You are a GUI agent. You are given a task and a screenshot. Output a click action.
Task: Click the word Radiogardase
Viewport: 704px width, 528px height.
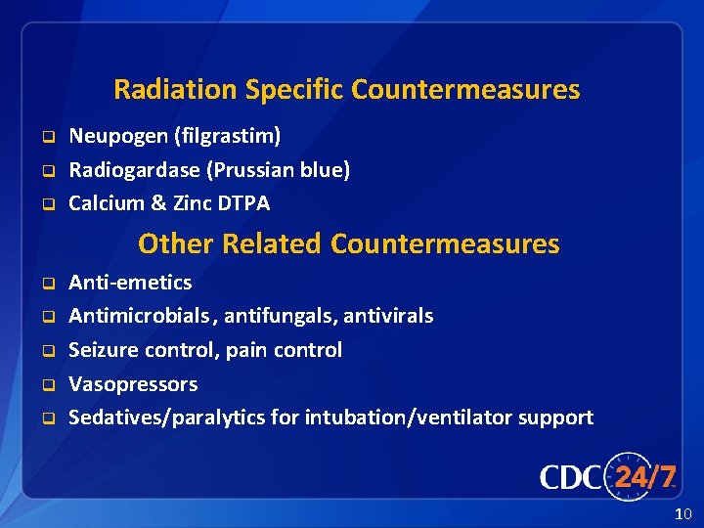coord(134,170)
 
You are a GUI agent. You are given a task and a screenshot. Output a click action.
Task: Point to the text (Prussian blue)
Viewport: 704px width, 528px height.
coord(279,170)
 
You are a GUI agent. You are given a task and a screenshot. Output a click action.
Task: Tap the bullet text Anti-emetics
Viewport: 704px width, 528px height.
coord(130,283)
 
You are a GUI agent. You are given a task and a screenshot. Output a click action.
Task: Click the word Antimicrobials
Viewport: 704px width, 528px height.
coord(139,316)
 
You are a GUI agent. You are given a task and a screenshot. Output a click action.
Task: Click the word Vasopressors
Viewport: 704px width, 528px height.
coord(133,384)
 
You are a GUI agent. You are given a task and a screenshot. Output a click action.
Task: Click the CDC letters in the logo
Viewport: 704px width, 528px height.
coord(571,478)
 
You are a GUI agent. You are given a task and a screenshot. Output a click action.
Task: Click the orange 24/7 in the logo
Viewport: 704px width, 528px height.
coord(644,477)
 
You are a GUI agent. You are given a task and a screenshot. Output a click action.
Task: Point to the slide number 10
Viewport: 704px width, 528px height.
coord(682,514)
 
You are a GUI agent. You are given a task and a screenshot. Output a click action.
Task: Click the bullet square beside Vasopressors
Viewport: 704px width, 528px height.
coord(46,385)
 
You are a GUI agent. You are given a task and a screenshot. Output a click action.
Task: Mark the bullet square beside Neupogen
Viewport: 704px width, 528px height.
coord(46,137)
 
